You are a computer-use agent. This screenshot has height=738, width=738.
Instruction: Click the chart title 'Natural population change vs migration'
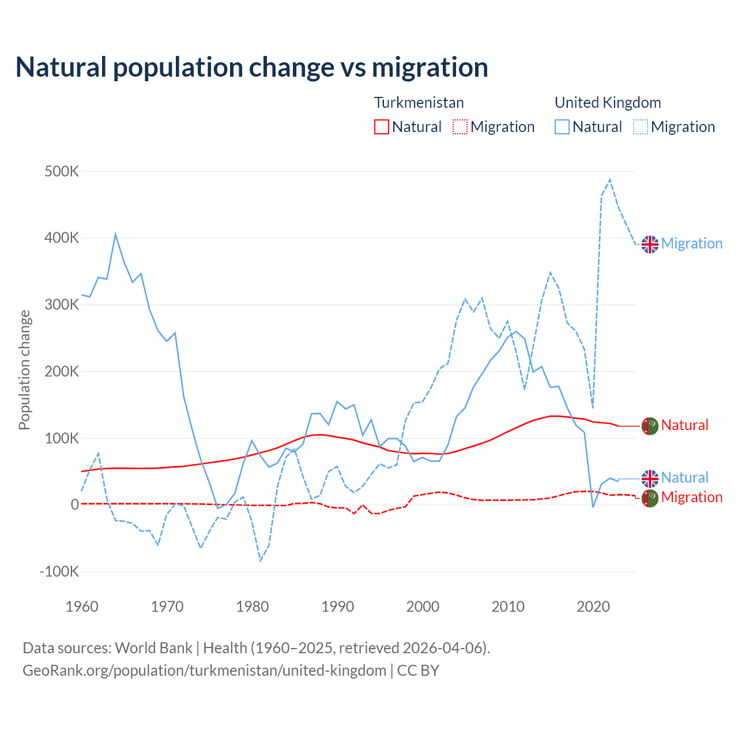pos(252,67)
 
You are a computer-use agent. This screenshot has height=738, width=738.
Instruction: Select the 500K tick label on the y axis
pos(62,171)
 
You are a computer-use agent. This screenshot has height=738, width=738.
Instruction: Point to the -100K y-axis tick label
pos(59,571)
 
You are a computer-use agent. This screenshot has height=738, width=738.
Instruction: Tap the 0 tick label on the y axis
pos(74,504)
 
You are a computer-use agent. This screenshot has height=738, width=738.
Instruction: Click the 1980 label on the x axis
pos(253,607)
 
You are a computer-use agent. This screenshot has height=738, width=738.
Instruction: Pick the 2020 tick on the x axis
pos(593,607)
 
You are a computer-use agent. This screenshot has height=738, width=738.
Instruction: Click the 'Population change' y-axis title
pos(24,370)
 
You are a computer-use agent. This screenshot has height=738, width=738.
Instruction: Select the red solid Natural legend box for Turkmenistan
pos(382,127)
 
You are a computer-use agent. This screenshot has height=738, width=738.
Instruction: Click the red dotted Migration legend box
pos(460,127)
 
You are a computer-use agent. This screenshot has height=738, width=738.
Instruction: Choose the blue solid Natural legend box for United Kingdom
pos(562,127)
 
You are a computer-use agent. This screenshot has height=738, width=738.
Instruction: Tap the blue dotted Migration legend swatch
pos(641,127)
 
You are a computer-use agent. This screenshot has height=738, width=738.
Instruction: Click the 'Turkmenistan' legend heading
pos(419,103)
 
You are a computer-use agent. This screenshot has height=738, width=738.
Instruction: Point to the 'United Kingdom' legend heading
pos(608,103)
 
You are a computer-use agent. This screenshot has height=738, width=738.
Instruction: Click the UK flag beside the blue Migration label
pos(650,244)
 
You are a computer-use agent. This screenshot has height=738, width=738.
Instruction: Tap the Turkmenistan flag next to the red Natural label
pos(650,426)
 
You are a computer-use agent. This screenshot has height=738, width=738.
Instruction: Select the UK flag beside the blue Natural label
pos(650,478)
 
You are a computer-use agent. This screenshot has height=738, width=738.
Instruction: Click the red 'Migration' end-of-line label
pos(691,497)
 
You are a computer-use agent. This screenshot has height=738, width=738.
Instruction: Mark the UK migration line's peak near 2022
pos(610,180)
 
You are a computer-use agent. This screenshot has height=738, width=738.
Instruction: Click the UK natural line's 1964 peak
pos(115,234)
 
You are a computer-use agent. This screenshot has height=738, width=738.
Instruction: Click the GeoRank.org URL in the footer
pos(204,671)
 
